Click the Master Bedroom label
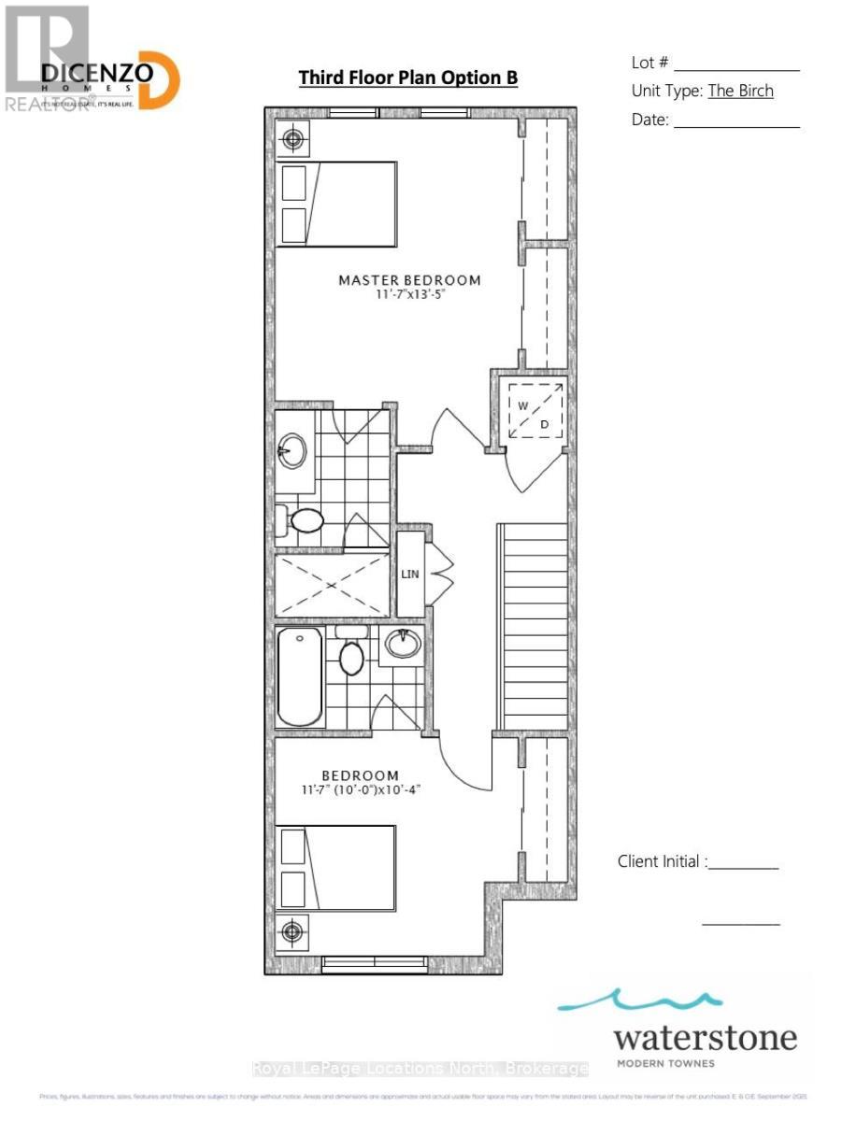point(409,280)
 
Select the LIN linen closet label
point(410,574)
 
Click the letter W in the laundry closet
point(524,406)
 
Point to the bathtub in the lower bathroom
point(300,676)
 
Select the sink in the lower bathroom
point(403,644)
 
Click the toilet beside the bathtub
point(351,654)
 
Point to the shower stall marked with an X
point(332,584)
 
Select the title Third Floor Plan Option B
point(407,78)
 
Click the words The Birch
point(740,91)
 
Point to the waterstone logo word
point(706,1038)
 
